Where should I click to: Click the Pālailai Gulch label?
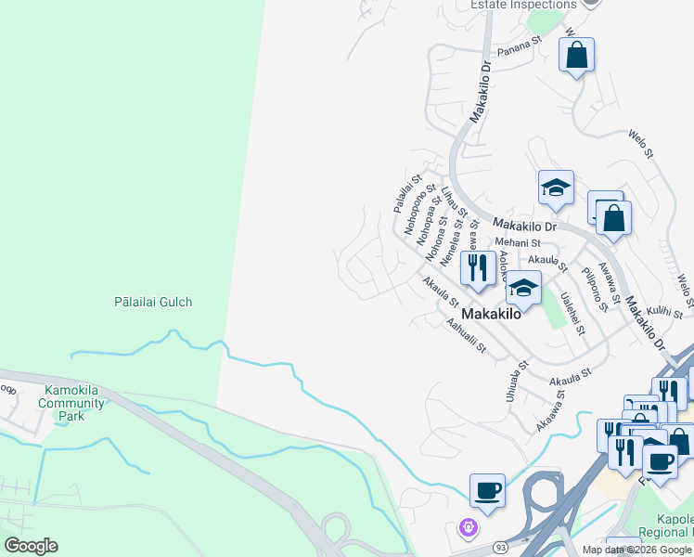[x=153, y=302]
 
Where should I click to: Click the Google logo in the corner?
[x=31, y=546]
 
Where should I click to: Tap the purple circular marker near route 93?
[x=469, y=527]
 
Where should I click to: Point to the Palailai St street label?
[x=407, y=193]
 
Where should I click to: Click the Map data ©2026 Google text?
[x=636, y=550]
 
